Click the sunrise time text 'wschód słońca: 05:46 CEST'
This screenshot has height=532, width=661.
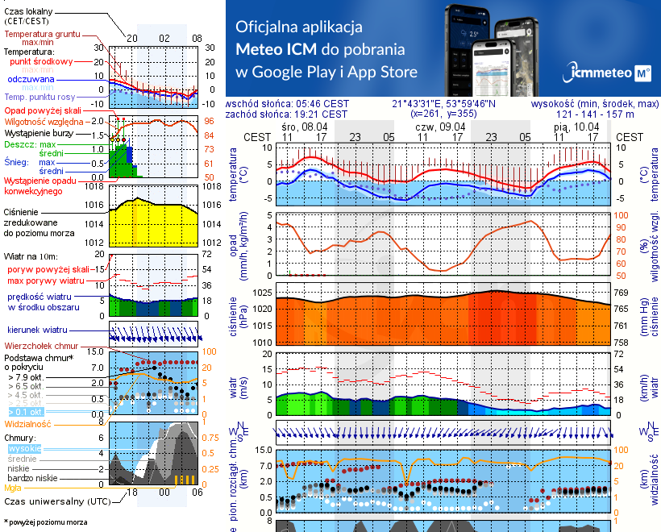pyautogui.click(x=287, y=104)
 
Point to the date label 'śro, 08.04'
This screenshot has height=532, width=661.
pyautogui.click(x=305, y=127)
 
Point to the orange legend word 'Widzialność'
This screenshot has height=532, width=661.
pyautogui.click(x=28, y=423)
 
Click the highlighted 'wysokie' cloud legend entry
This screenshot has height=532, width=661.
pyautogui.click(x=24, y=448)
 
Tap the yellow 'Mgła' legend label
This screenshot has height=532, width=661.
pyautogui.click(x=13, y=488)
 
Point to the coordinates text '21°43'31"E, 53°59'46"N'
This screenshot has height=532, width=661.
pyautogui.click(x=444, y=104)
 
